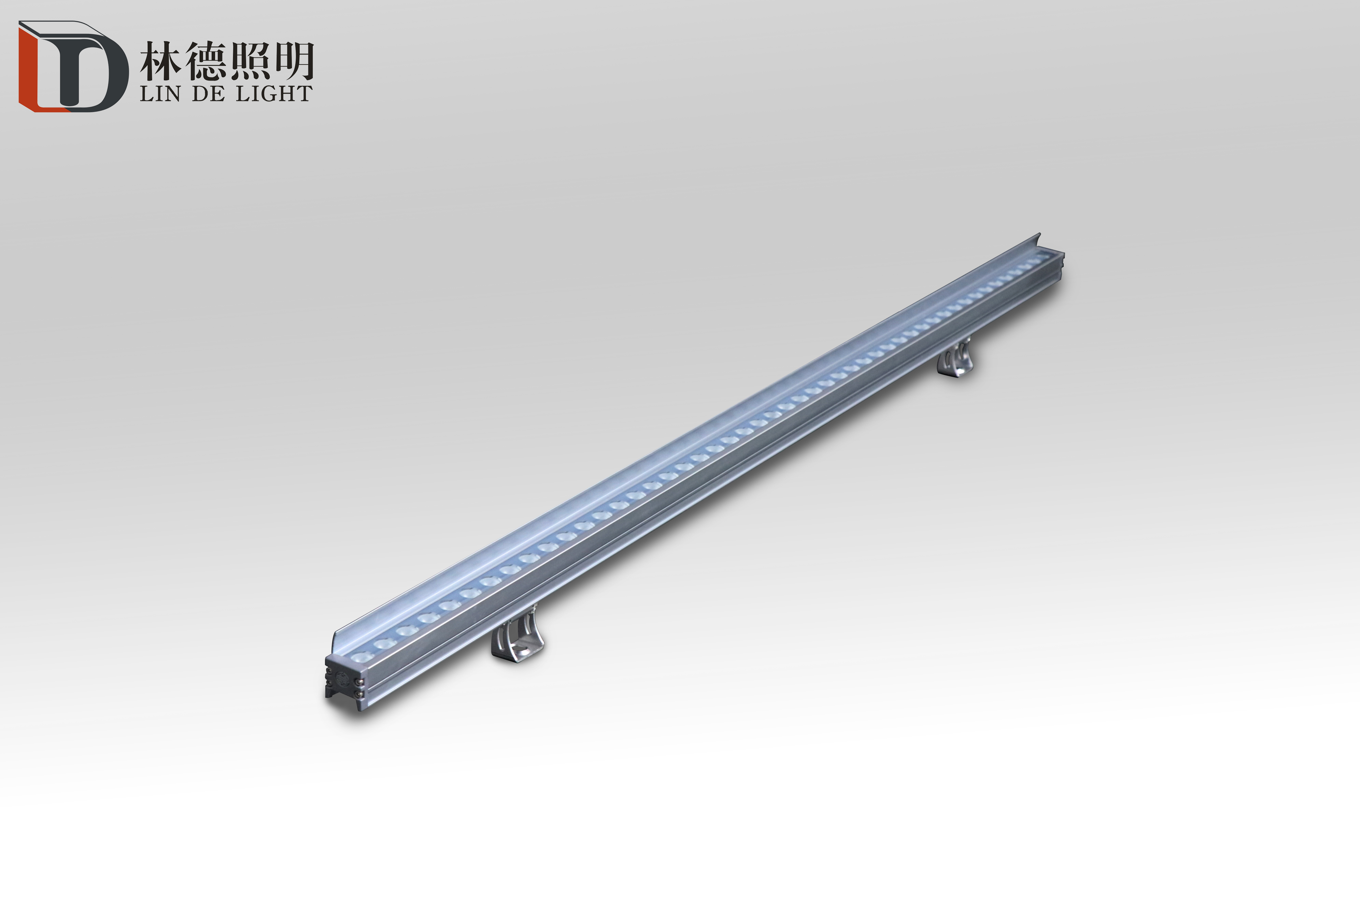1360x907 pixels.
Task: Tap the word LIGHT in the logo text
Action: click(274, 94)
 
